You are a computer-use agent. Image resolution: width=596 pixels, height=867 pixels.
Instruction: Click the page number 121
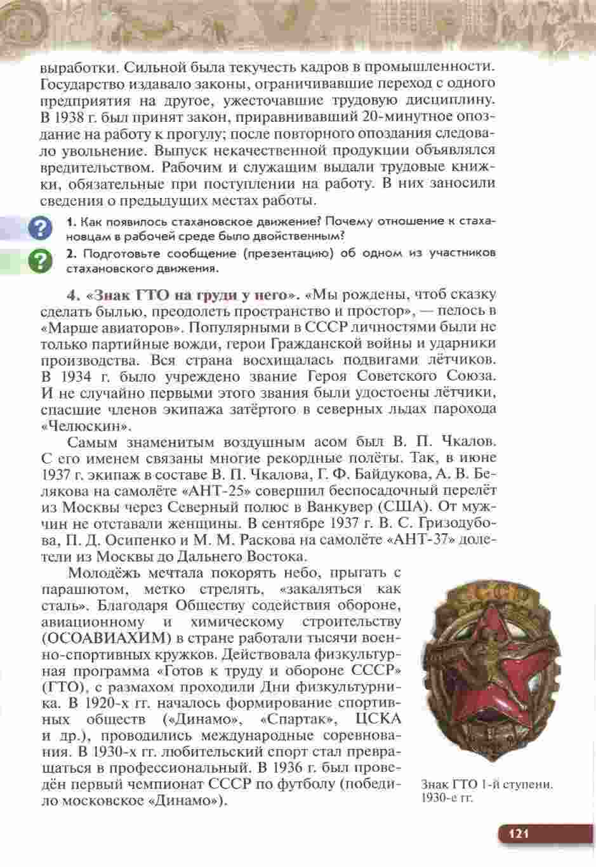pos(517,834)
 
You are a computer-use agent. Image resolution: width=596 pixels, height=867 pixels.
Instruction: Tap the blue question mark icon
pos(40,228)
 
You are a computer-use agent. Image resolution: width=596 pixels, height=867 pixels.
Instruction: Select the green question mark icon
pos(40,260)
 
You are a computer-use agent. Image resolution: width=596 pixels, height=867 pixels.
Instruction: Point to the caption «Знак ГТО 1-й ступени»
pos(486,785)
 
